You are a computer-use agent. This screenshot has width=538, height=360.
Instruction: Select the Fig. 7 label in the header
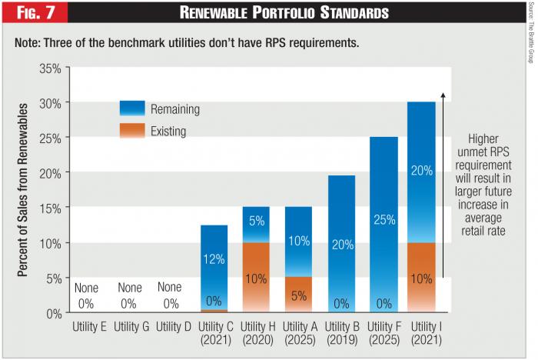(33, 13)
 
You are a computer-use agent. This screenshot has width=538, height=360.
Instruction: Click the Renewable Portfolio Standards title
(283, 13)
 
